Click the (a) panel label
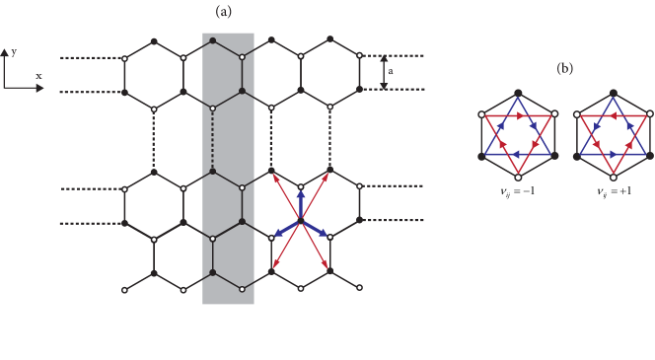click(x=224, y=13)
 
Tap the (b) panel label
click(x=565, y=68)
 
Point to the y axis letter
click(x=14, y=51)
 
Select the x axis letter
click(x=37, y=76)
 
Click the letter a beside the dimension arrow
click(x=391, y=71)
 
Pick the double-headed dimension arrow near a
click(x=384, y=72)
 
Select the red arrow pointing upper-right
click(x=317, y=191)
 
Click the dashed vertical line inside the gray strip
click(x=213, y=139)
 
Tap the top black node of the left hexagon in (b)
click(x=518, y=93)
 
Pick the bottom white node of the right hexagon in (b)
click(x=615, y=178)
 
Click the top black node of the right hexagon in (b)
click(x=615, y=93)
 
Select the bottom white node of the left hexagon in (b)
click(x=518, y=178)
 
